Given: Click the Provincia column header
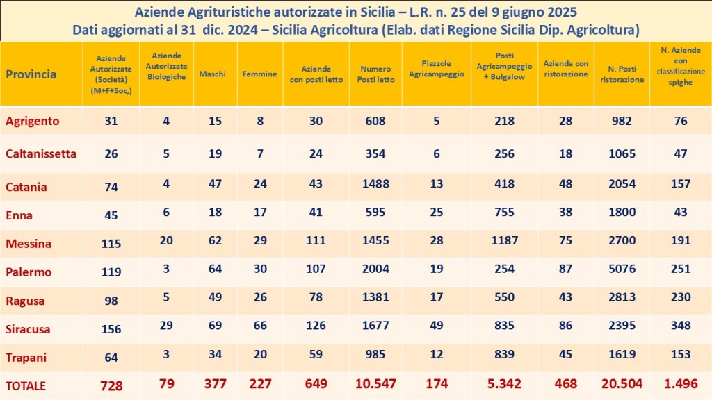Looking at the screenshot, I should tap(31, 74).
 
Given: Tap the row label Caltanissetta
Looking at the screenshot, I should tap(41, 153).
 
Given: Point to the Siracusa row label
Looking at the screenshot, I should tap(28, 329).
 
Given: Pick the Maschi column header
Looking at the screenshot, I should tap(212, 74).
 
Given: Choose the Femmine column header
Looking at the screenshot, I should tap(259, 74).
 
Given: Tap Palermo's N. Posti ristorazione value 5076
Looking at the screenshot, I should tap(622, 272).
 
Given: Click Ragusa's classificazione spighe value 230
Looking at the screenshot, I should tap(680, 297).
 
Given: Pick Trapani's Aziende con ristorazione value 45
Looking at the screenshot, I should tap(565, 354).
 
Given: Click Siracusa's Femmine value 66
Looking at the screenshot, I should tap(259, 326).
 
